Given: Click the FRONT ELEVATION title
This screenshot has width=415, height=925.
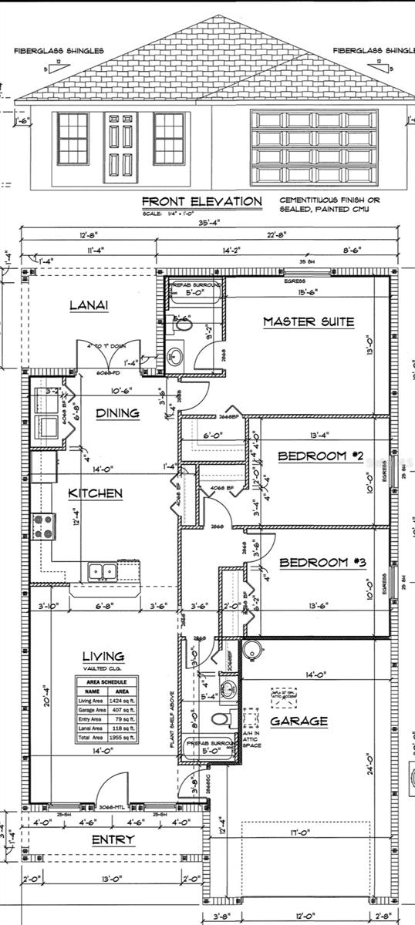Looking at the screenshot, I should (202, 201).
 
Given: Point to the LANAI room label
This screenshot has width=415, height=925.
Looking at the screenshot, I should (89, 305).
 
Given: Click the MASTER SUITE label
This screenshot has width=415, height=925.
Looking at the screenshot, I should (309, 321).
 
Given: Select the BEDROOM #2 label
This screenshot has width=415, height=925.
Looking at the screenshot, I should (320, 456).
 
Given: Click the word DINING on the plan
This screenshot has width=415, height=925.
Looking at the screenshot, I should (117, 413).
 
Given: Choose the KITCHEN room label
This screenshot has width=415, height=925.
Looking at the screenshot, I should (95, 493).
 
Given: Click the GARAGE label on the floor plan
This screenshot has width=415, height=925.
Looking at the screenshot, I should (298, 721).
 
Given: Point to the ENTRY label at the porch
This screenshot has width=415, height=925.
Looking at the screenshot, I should (113, 839).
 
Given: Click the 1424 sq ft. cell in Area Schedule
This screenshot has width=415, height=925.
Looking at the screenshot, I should (122, 700).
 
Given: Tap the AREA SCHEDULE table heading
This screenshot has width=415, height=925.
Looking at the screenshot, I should (106, 681).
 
